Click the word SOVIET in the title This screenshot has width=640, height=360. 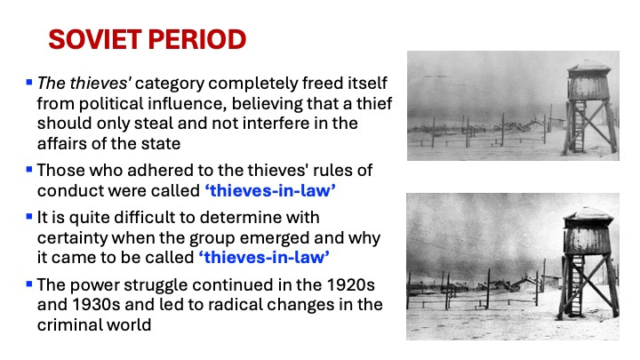(95, 40)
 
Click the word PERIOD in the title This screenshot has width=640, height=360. (197, 40)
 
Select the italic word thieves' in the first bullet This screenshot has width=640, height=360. (100, 84)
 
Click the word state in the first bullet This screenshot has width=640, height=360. (163, 144)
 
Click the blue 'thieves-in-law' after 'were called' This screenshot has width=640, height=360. (270, 190)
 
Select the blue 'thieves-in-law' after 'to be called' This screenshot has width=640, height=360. (264, 258)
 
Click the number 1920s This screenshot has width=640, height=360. (351, 285)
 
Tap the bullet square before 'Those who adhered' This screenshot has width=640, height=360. (29, 169)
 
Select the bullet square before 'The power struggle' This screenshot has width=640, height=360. (29, 284)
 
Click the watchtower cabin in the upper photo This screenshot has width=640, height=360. (588, 82)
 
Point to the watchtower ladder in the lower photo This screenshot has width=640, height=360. (577, 285)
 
